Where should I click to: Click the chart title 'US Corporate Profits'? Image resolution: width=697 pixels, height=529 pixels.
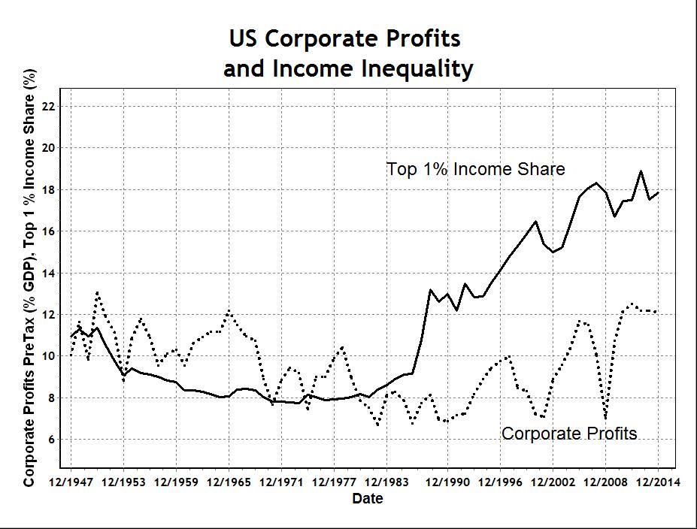[345, 38]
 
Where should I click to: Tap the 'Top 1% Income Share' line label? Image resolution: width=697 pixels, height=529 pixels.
[475, 169]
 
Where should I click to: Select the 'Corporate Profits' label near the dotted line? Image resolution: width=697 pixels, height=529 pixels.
[568, 434]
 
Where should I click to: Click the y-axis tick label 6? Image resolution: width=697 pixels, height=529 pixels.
[52, 440]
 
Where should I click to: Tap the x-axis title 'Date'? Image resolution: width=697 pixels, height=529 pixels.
[368, 498]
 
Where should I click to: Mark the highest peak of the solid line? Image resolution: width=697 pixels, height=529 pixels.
[641, 171]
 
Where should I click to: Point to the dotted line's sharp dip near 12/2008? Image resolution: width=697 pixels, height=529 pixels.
[605, 418]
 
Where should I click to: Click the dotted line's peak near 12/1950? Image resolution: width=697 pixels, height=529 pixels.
[97, 292]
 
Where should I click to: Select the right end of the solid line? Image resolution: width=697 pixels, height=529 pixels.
[659, 192]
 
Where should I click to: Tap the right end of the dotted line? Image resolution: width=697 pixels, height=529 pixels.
[657, 311]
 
